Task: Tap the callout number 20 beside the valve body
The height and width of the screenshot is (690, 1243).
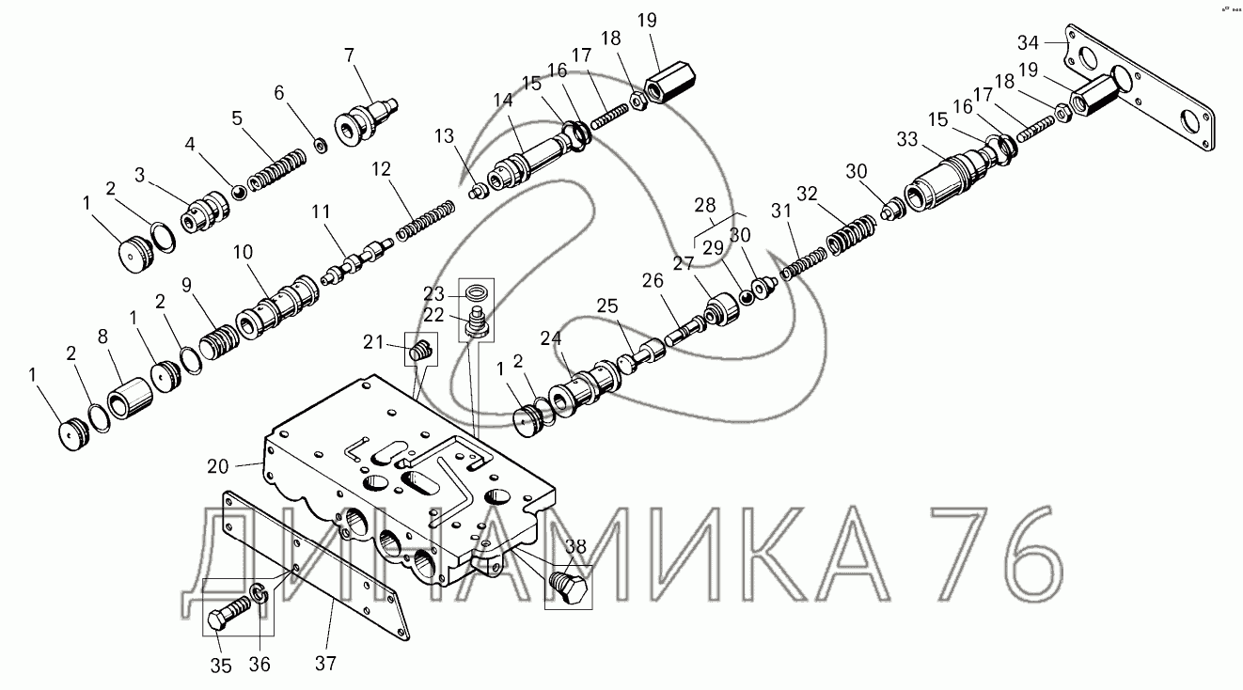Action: point(218,465)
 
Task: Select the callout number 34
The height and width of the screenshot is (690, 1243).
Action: point(1029,41)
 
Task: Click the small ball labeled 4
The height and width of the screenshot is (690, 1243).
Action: point(239,194)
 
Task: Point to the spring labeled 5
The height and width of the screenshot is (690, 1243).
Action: point(278,168)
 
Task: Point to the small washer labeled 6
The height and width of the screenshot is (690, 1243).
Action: point(321,145)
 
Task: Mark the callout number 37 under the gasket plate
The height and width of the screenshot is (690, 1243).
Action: point(324,663)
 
